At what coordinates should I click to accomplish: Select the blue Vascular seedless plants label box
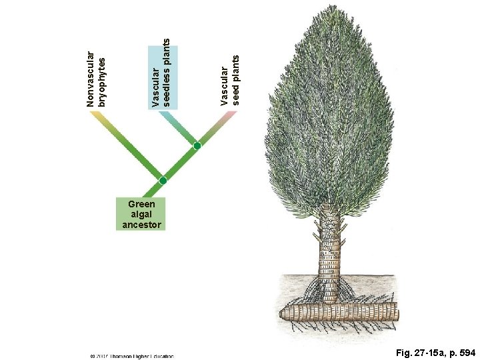coord(161,73)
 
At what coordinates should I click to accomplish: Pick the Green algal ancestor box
coord(139,214)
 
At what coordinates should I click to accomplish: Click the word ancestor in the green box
coord(139,225)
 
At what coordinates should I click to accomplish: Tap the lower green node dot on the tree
coord(163,181)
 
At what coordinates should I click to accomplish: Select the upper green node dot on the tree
coord(197,145)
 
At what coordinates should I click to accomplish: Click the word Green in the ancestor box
coord(140,204)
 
